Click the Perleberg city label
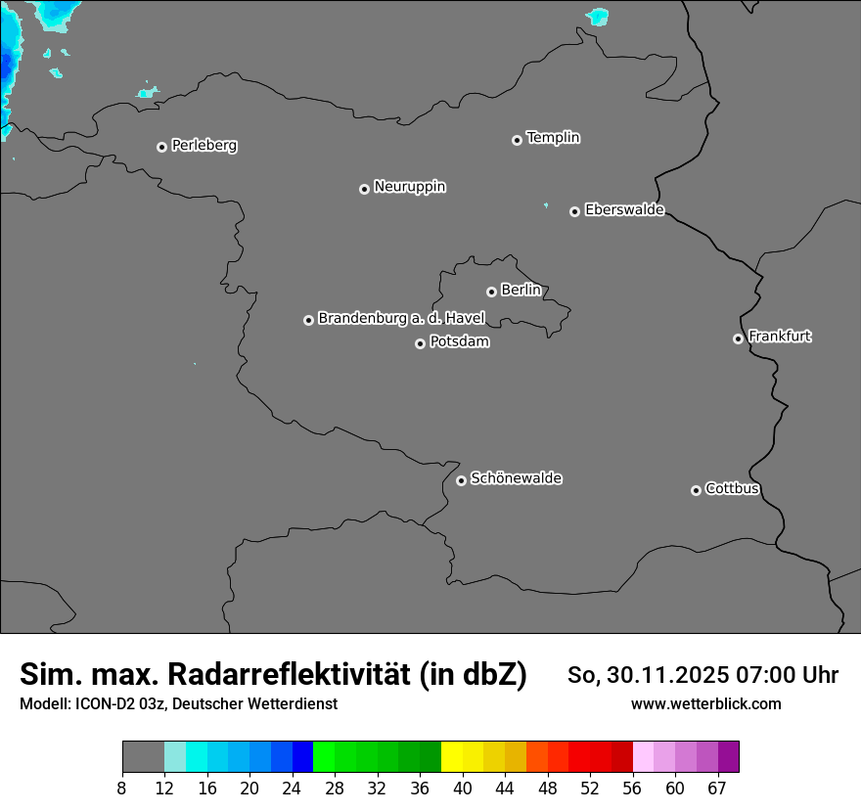204,146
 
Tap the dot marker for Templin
517,140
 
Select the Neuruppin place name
409,187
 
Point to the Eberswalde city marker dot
574,211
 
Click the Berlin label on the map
521,290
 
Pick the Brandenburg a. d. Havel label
401,318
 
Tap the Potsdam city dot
420,343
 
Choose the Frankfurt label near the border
780,337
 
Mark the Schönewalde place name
516,478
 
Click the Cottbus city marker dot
696,490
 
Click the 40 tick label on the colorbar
463,788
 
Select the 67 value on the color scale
717,788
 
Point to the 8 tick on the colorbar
121,788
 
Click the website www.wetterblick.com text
705,704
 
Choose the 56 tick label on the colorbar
633,788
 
